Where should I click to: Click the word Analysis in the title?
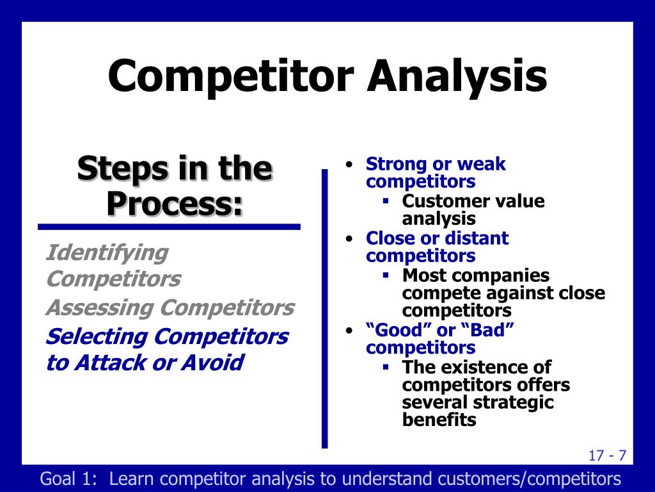tap(457, 76)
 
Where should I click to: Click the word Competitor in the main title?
tap(231, 76)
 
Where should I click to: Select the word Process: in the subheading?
tap(175, 203)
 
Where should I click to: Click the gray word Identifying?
tap(107, 254)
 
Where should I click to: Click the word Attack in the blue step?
tap(109, 363)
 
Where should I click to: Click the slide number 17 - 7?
tap(608, 455)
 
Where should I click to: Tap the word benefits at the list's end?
tap(439, 420)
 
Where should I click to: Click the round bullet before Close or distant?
tap(350, 239)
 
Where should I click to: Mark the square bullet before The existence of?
tap(386, 367)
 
